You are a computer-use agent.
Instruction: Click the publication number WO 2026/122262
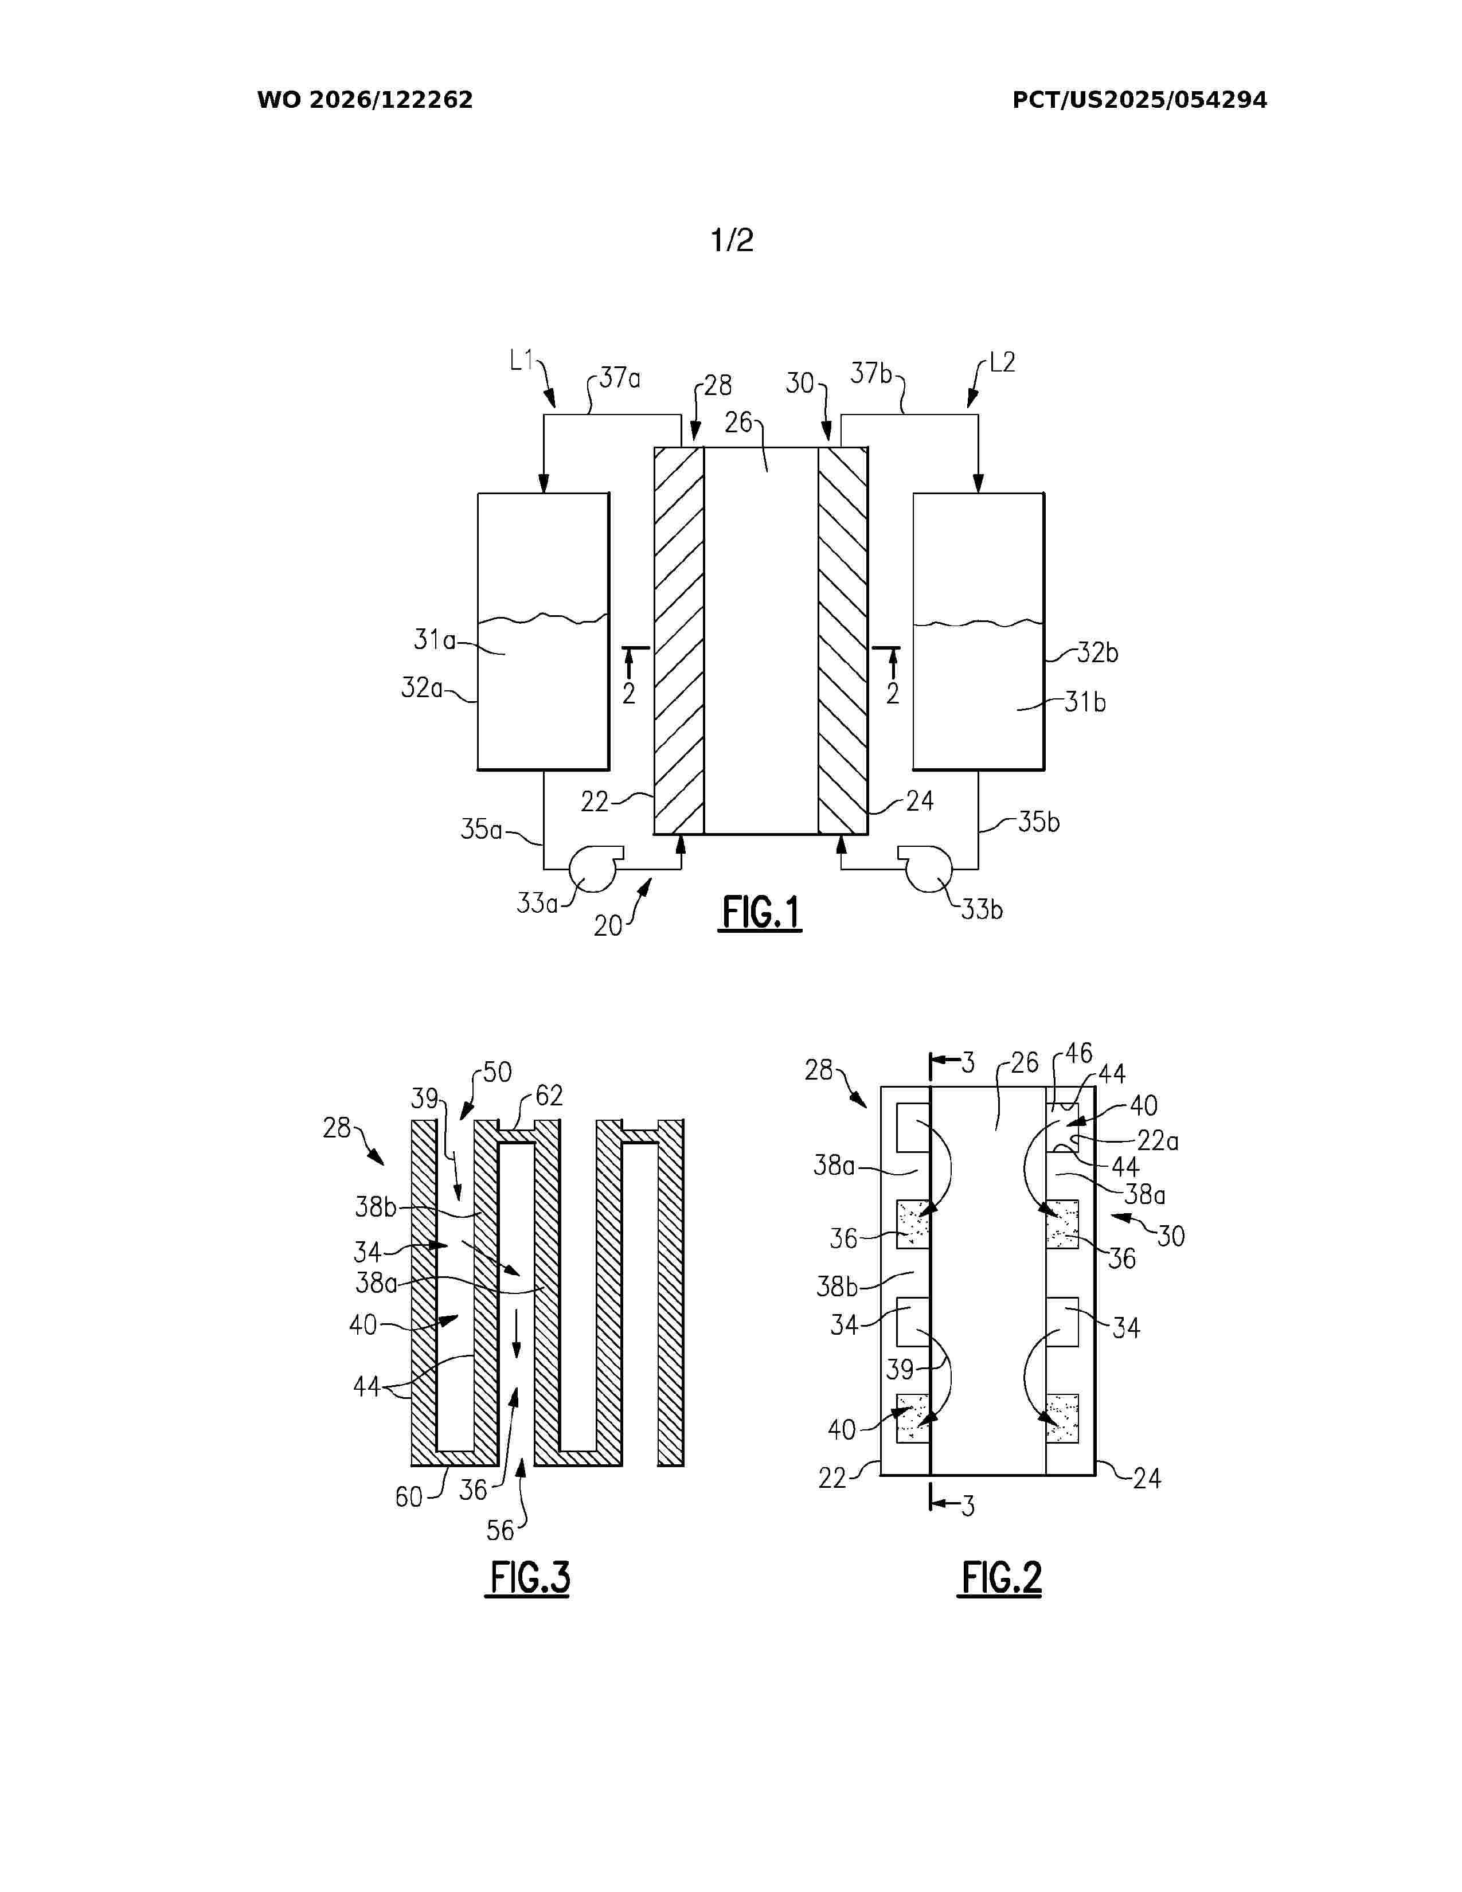pos(365,100)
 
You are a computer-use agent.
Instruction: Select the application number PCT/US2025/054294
pos(1140,100)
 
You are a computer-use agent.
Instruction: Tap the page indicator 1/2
pos(732,240)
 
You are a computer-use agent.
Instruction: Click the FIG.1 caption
pos(760,913)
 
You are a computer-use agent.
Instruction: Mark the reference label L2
pos(1002,362)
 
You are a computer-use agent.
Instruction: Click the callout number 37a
pos(620,378)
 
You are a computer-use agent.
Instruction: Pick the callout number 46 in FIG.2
pos(1078,1053)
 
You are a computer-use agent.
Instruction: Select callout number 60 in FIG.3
pos(409,1497)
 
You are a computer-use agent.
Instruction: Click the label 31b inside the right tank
pos(1085,702)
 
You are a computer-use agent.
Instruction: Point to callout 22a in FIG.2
pos(1158,1141)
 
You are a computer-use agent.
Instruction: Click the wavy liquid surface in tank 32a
pos(543,619)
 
